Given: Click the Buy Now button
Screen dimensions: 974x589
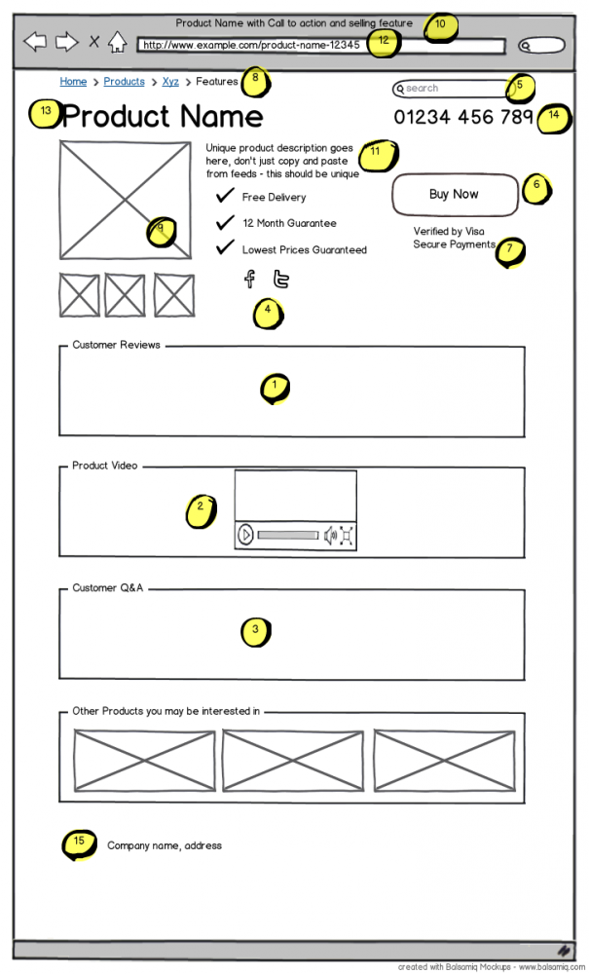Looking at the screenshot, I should [455, 195].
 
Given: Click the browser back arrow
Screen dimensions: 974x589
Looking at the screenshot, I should [35, 41].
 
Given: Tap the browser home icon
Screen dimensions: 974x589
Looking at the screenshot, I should [117, 42].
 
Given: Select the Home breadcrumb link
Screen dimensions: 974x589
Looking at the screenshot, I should [73, 82].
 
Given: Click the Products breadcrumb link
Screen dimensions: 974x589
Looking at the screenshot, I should [124, 82].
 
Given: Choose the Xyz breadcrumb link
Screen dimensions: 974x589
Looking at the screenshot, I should [170, 82].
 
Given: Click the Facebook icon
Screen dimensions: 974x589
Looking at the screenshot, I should [249, 280].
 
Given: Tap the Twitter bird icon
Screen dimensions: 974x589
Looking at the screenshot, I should [281, 280].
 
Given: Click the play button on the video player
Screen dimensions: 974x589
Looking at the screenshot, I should [246, 535].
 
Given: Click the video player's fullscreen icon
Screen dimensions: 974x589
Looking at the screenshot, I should [346, 535].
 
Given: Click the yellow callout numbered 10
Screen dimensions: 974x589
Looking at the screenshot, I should [440, 24].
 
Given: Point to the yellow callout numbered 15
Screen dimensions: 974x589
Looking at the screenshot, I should [79, 843].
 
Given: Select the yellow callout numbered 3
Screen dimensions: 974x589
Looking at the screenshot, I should [255, 631].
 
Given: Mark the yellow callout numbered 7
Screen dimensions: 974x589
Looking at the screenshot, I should [508, 250].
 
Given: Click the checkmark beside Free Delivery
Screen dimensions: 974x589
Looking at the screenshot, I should [225, 196].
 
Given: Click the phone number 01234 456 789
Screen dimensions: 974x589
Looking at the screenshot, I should [463, 117].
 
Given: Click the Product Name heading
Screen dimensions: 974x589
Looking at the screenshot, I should [162, 117].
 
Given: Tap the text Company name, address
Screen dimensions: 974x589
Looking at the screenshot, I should [165, 845].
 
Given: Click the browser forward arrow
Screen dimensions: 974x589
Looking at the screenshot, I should [66, 41].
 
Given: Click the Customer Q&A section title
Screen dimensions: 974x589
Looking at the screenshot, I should [108, 588].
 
